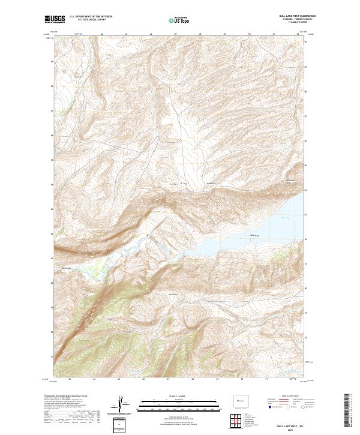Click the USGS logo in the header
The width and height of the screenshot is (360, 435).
[55, 19]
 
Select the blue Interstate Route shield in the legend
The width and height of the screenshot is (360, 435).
[268, 407]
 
